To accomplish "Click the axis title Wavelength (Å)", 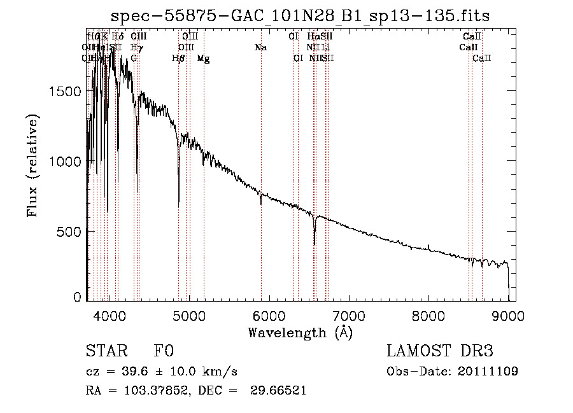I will click(300, 332).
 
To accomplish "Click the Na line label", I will click(260, 48).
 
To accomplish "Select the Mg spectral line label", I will click(203, 59).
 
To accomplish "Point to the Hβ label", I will click(179, 59).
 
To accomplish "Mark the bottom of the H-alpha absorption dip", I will click(315, 244).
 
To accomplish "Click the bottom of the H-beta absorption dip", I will click(179, 205).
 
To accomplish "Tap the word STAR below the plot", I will click(106, 351).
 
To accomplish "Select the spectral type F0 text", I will click(164, 351).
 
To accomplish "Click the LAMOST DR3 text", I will click(440, 351).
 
